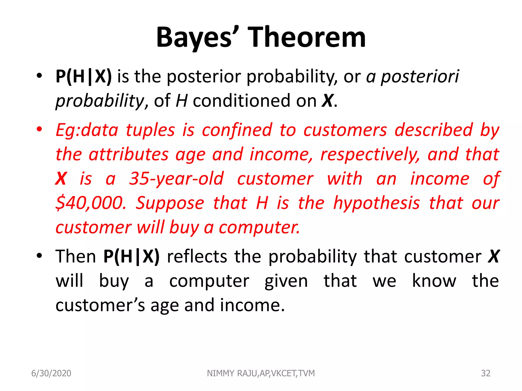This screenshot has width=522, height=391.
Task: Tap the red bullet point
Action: pyautogui.click(x=39, y=129)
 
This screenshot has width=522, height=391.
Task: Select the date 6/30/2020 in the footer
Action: pyautogui.click(x=51, y=373)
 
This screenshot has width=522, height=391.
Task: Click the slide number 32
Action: pyautogui.click(x=486, y=373)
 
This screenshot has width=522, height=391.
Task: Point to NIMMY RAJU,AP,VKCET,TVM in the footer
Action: pyautogui.click(x=261, y=373)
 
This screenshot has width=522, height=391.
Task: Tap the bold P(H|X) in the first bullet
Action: pyautogui.click(x=84, y=76)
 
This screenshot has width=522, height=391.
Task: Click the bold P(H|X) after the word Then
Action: pyautogui.click(x=132, y=256)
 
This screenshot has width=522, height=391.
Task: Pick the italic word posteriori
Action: pyautogui.click(x=420, y=76)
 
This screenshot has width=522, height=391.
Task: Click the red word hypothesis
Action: pyautogui.click(x=376, y=203)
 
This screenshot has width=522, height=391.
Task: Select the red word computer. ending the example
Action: pyautogui.click(x=259, y=227)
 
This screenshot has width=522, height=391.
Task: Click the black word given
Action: pyautogui.click(x=286, y=281)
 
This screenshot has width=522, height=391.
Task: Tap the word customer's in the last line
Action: pyautogui.click(x=100, y=305)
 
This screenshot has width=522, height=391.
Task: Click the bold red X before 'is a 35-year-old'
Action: pyautogui.click(x=61, y=179)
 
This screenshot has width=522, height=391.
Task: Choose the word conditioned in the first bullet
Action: pyautogui.click(x=242, y=101)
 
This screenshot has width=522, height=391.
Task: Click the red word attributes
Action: pyautogui.click(x=129, y=154)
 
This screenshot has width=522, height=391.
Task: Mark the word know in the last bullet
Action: pyautogui.click(x=434, y=281)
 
